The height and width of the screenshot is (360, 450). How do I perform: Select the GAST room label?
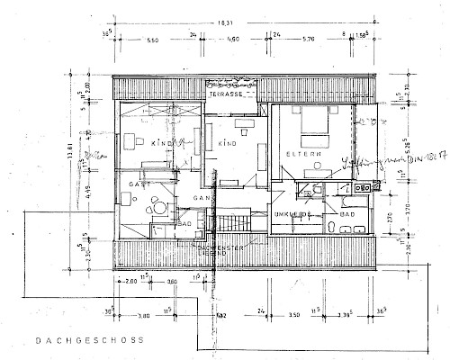138,183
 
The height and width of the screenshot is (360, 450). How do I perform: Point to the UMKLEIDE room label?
292,215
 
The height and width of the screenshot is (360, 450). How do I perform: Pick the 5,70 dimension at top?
308,40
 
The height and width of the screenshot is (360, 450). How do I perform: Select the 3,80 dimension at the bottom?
143,316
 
